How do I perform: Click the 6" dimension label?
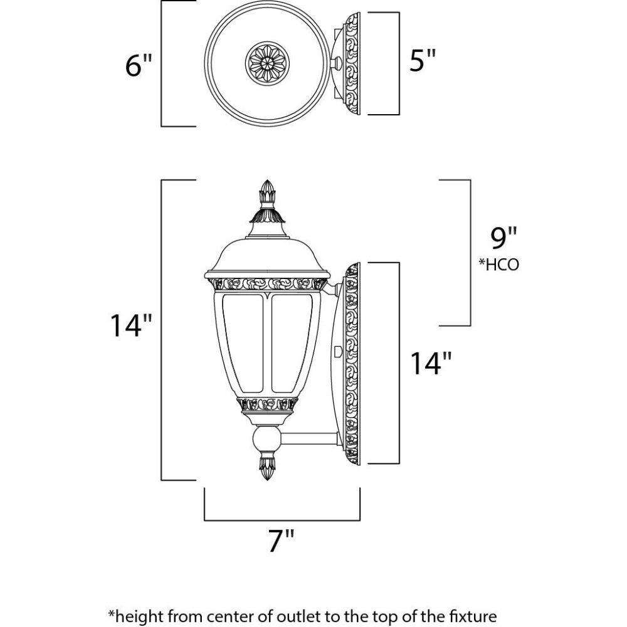(x=139, y=65)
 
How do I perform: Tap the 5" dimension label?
(x=422, y=62)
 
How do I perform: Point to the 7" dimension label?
(x=281, y=540)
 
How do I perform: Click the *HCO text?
(x=499, y=265)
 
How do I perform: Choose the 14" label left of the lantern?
(x=131, y=326)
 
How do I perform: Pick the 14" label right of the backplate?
(x=431, y=363)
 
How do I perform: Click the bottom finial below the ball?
(x=268, y=467)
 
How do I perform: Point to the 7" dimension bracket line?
(x=282, y=520)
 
